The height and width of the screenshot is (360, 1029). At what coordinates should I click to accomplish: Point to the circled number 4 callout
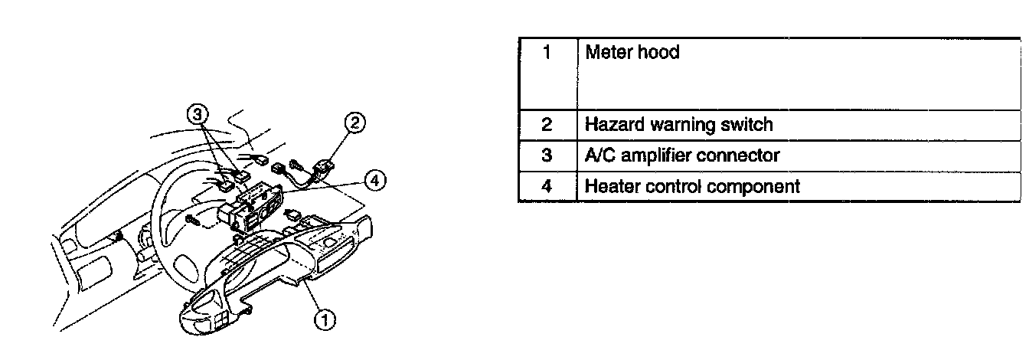click(373, 181)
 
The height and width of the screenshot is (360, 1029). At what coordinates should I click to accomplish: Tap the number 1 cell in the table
click(547, 54)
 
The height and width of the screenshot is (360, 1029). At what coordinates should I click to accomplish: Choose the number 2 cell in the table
click(547, 124)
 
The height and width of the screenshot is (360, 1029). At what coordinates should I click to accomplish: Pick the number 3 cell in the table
click(547, 155)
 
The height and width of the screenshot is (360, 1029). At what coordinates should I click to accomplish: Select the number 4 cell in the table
click(547, 186)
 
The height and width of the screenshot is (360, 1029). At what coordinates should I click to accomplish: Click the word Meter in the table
click(608, 53)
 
